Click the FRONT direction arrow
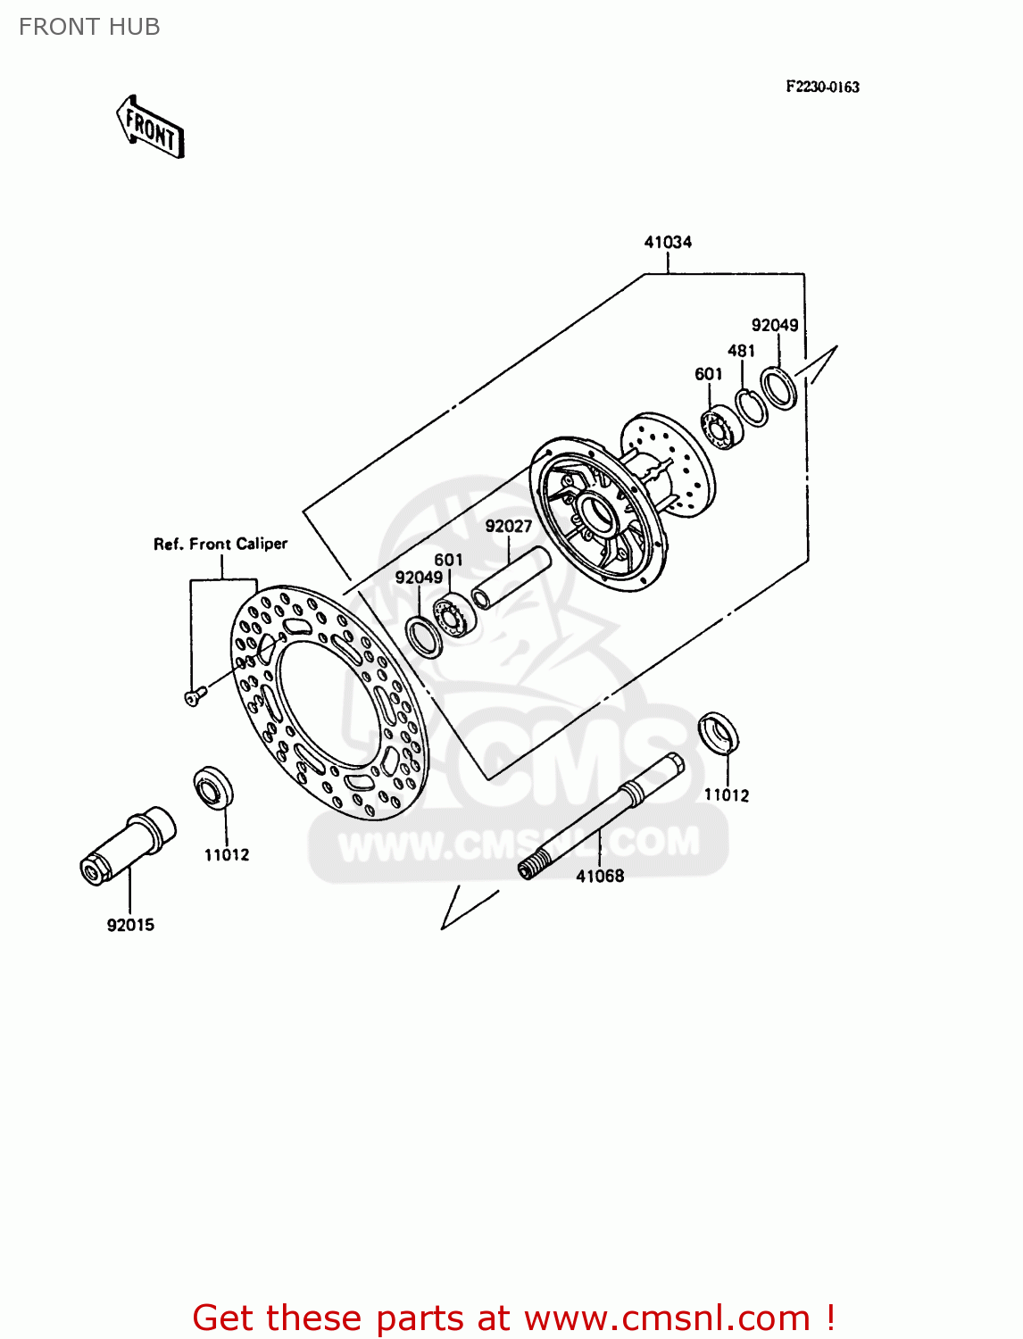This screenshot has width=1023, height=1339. [x=150, y=129]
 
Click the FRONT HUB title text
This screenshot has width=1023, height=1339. [x=89, y=27]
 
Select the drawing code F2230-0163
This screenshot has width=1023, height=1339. [x=822, y=87]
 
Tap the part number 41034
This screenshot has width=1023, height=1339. [x=668, y=242]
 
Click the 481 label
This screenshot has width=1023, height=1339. [x=741, y=351]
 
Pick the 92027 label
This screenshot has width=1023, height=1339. [x=509, y=527]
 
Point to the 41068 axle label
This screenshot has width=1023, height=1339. [x=600, y=876]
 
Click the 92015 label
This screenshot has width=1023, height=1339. [x=130, y=925]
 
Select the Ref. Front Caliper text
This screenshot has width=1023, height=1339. [x=220, y=544]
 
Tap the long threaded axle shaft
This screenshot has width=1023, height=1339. [x=600, y=816]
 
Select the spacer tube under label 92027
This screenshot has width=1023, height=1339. [x=511, y=578]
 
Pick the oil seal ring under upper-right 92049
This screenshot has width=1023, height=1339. [x=778, y=388]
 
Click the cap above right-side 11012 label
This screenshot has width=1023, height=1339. [x=719, y=733]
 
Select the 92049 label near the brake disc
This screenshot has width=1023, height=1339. [x=419, y=578]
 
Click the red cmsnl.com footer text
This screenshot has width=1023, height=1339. [x=513, y=1318]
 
